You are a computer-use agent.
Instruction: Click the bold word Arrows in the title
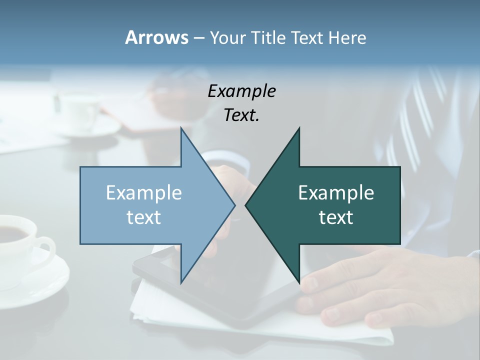click(156, 37)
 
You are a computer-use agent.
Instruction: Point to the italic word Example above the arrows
click(241, 91)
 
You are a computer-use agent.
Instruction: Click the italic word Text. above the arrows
click(241, 115)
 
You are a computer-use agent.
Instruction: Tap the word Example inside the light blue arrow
click(143, 192)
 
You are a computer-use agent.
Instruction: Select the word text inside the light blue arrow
click(143, 217)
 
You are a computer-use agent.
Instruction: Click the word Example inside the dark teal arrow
click(336, 192)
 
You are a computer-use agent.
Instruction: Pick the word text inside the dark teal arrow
click(336, 217)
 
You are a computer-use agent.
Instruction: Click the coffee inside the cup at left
click(12, 232)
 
